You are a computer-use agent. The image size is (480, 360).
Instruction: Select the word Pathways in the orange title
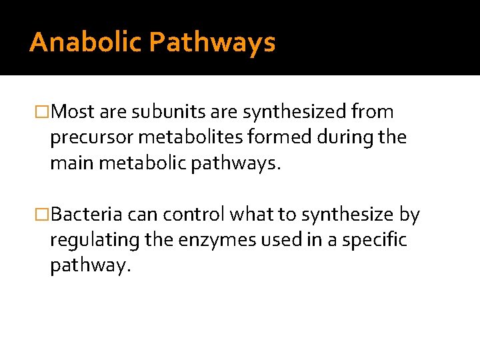tap(212, 43)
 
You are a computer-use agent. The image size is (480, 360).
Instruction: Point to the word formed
tap(273, 137)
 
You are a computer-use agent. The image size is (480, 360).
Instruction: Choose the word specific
tap(374, 241)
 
